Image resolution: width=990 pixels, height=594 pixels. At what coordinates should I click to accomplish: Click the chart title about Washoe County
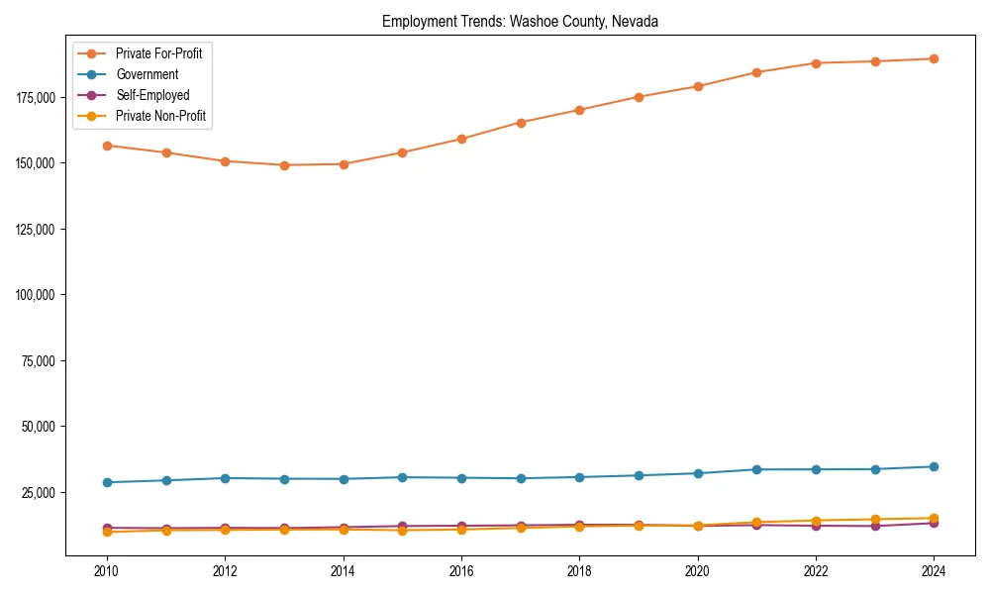(x=520, y=21)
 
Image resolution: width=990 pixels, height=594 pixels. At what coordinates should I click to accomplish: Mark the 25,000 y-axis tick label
(x=38, y=493)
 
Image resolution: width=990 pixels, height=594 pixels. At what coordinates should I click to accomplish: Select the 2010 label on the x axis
(x=107, y=571)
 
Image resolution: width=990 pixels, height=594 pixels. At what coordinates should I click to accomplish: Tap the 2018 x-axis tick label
(x=579, y=571)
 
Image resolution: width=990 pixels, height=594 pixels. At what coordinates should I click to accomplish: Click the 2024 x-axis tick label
(x=934, y=571)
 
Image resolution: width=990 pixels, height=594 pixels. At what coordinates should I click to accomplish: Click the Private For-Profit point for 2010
(x=107, y=146)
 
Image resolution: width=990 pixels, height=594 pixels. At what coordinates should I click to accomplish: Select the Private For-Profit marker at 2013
(x=284, y=165)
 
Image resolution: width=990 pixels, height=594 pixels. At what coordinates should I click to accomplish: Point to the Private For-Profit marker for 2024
(x=934, y=58)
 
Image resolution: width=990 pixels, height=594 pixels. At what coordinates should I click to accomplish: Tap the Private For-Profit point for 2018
(x=579, y=110)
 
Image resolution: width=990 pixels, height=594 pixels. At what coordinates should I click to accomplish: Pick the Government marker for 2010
(x=107, y=482)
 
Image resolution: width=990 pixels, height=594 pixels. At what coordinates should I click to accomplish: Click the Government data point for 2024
(x=934, y=466)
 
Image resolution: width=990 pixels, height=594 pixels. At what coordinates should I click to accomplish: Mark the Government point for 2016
(x=461, y=478)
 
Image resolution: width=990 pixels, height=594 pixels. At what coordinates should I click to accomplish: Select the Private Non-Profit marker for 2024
(x=934, y=518)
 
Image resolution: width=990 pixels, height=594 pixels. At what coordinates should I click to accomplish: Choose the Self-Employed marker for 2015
(x=402, y=526)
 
